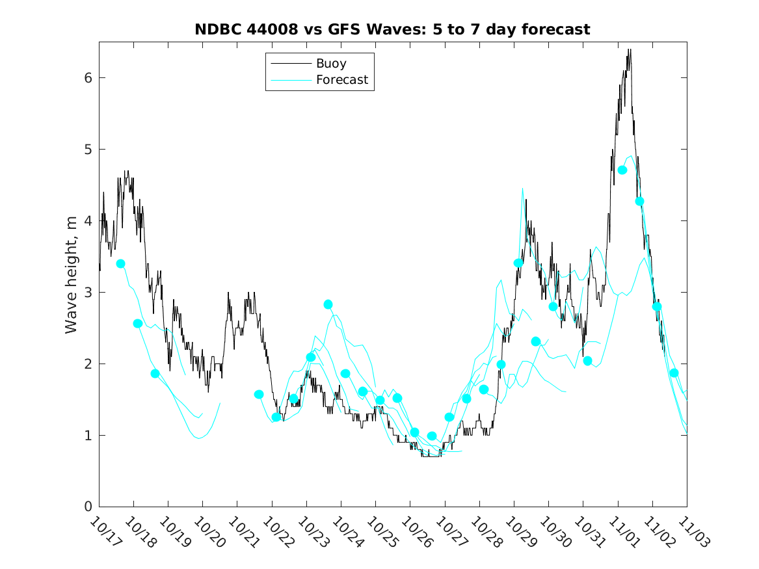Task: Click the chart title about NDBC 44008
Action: (x=392, y=29)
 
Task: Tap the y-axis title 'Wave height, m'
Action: (x=72, y=275)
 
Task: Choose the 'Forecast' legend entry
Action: (x=341, y=80)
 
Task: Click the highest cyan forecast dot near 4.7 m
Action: (x=622, y=170)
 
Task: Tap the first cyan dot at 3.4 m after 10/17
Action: (x=120, y=263)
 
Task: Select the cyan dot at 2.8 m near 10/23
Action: (x=328, y=304)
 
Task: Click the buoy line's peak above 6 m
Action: (x=629, y=50)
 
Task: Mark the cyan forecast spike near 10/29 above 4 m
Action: (x=522, y=189)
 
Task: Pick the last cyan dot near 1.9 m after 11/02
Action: (x=674, y=373)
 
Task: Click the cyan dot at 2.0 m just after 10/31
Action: (x=587, y=361)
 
